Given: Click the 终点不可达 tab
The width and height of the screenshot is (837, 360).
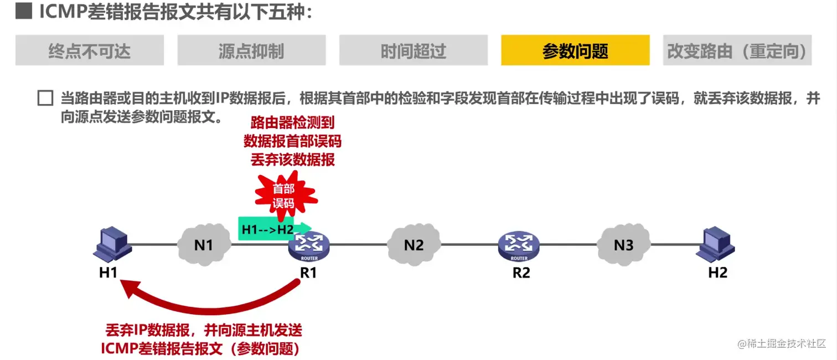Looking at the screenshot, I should (x=90, y=50).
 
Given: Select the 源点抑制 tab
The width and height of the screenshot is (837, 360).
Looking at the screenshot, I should (x=251, y=50).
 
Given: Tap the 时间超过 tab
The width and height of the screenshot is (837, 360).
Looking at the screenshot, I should (x=413, y=50).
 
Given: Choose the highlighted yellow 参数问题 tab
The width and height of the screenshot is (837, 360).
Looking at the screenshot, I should (x=575, y=50).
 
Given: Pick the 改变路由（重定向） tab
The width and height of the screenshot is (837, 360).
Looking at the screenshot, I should (x=737, y=50).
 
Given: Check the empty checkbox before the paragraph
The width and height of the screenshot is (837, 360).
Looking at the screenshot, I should (x=45, y=99).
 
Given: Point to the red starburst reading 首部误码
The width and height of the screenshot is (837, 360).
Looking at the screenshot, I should (x=283, y=196).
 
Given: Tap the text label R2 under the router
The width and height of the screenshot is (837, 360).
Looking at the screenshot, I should (x=521, y=272).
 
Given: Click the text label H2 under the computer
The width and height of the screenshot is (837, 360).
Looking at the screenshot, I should (x=717, y=272).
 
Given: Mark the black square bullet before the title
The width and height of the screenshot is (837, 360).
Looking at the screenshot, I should (x=23, y=12).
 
